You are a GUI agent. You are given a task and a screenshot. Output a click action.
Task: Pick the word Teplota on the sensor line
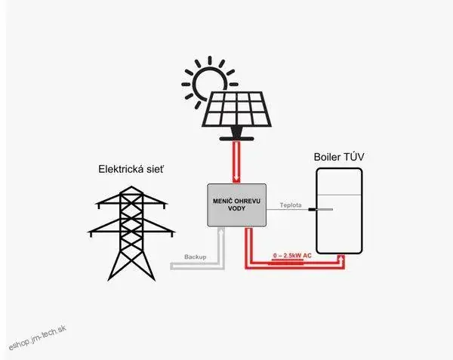coord(291,205)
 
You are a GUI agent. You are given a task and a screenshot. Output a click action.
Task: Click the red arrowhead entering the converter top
coord(239,179)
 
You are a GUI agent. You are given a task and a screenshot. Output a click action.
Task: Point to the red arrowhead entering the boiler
coord(344,257)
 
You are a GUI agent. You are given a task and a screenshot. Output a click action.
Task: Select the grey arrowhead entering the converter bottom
coord(220,231)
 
